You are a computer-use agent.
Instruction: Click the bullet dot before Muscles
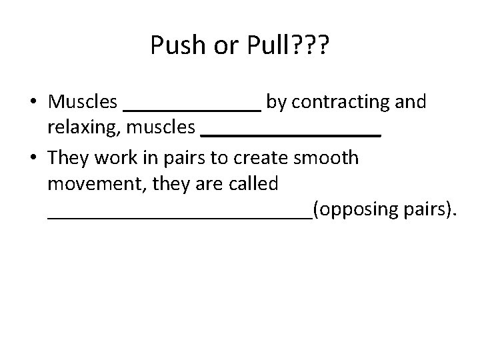(x=33, y=103)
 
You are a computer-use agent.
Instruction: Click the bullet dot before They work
(x=33, y=159)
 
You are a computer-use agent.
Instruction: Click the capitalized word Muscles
(x=82, y=102)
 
